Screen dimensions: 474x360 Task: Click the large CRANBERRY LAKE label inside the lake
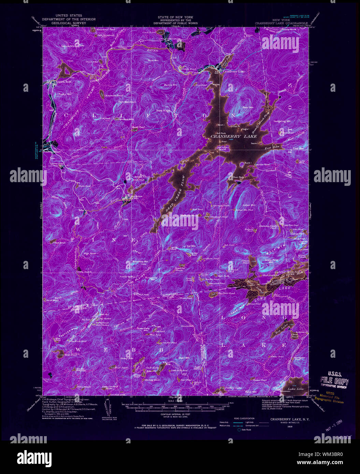coord(234,136)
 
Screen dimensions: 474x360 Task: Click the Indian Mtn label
coord(249,205)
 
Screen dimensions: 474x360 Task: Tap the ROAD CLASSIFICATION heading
coord(244,418)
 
